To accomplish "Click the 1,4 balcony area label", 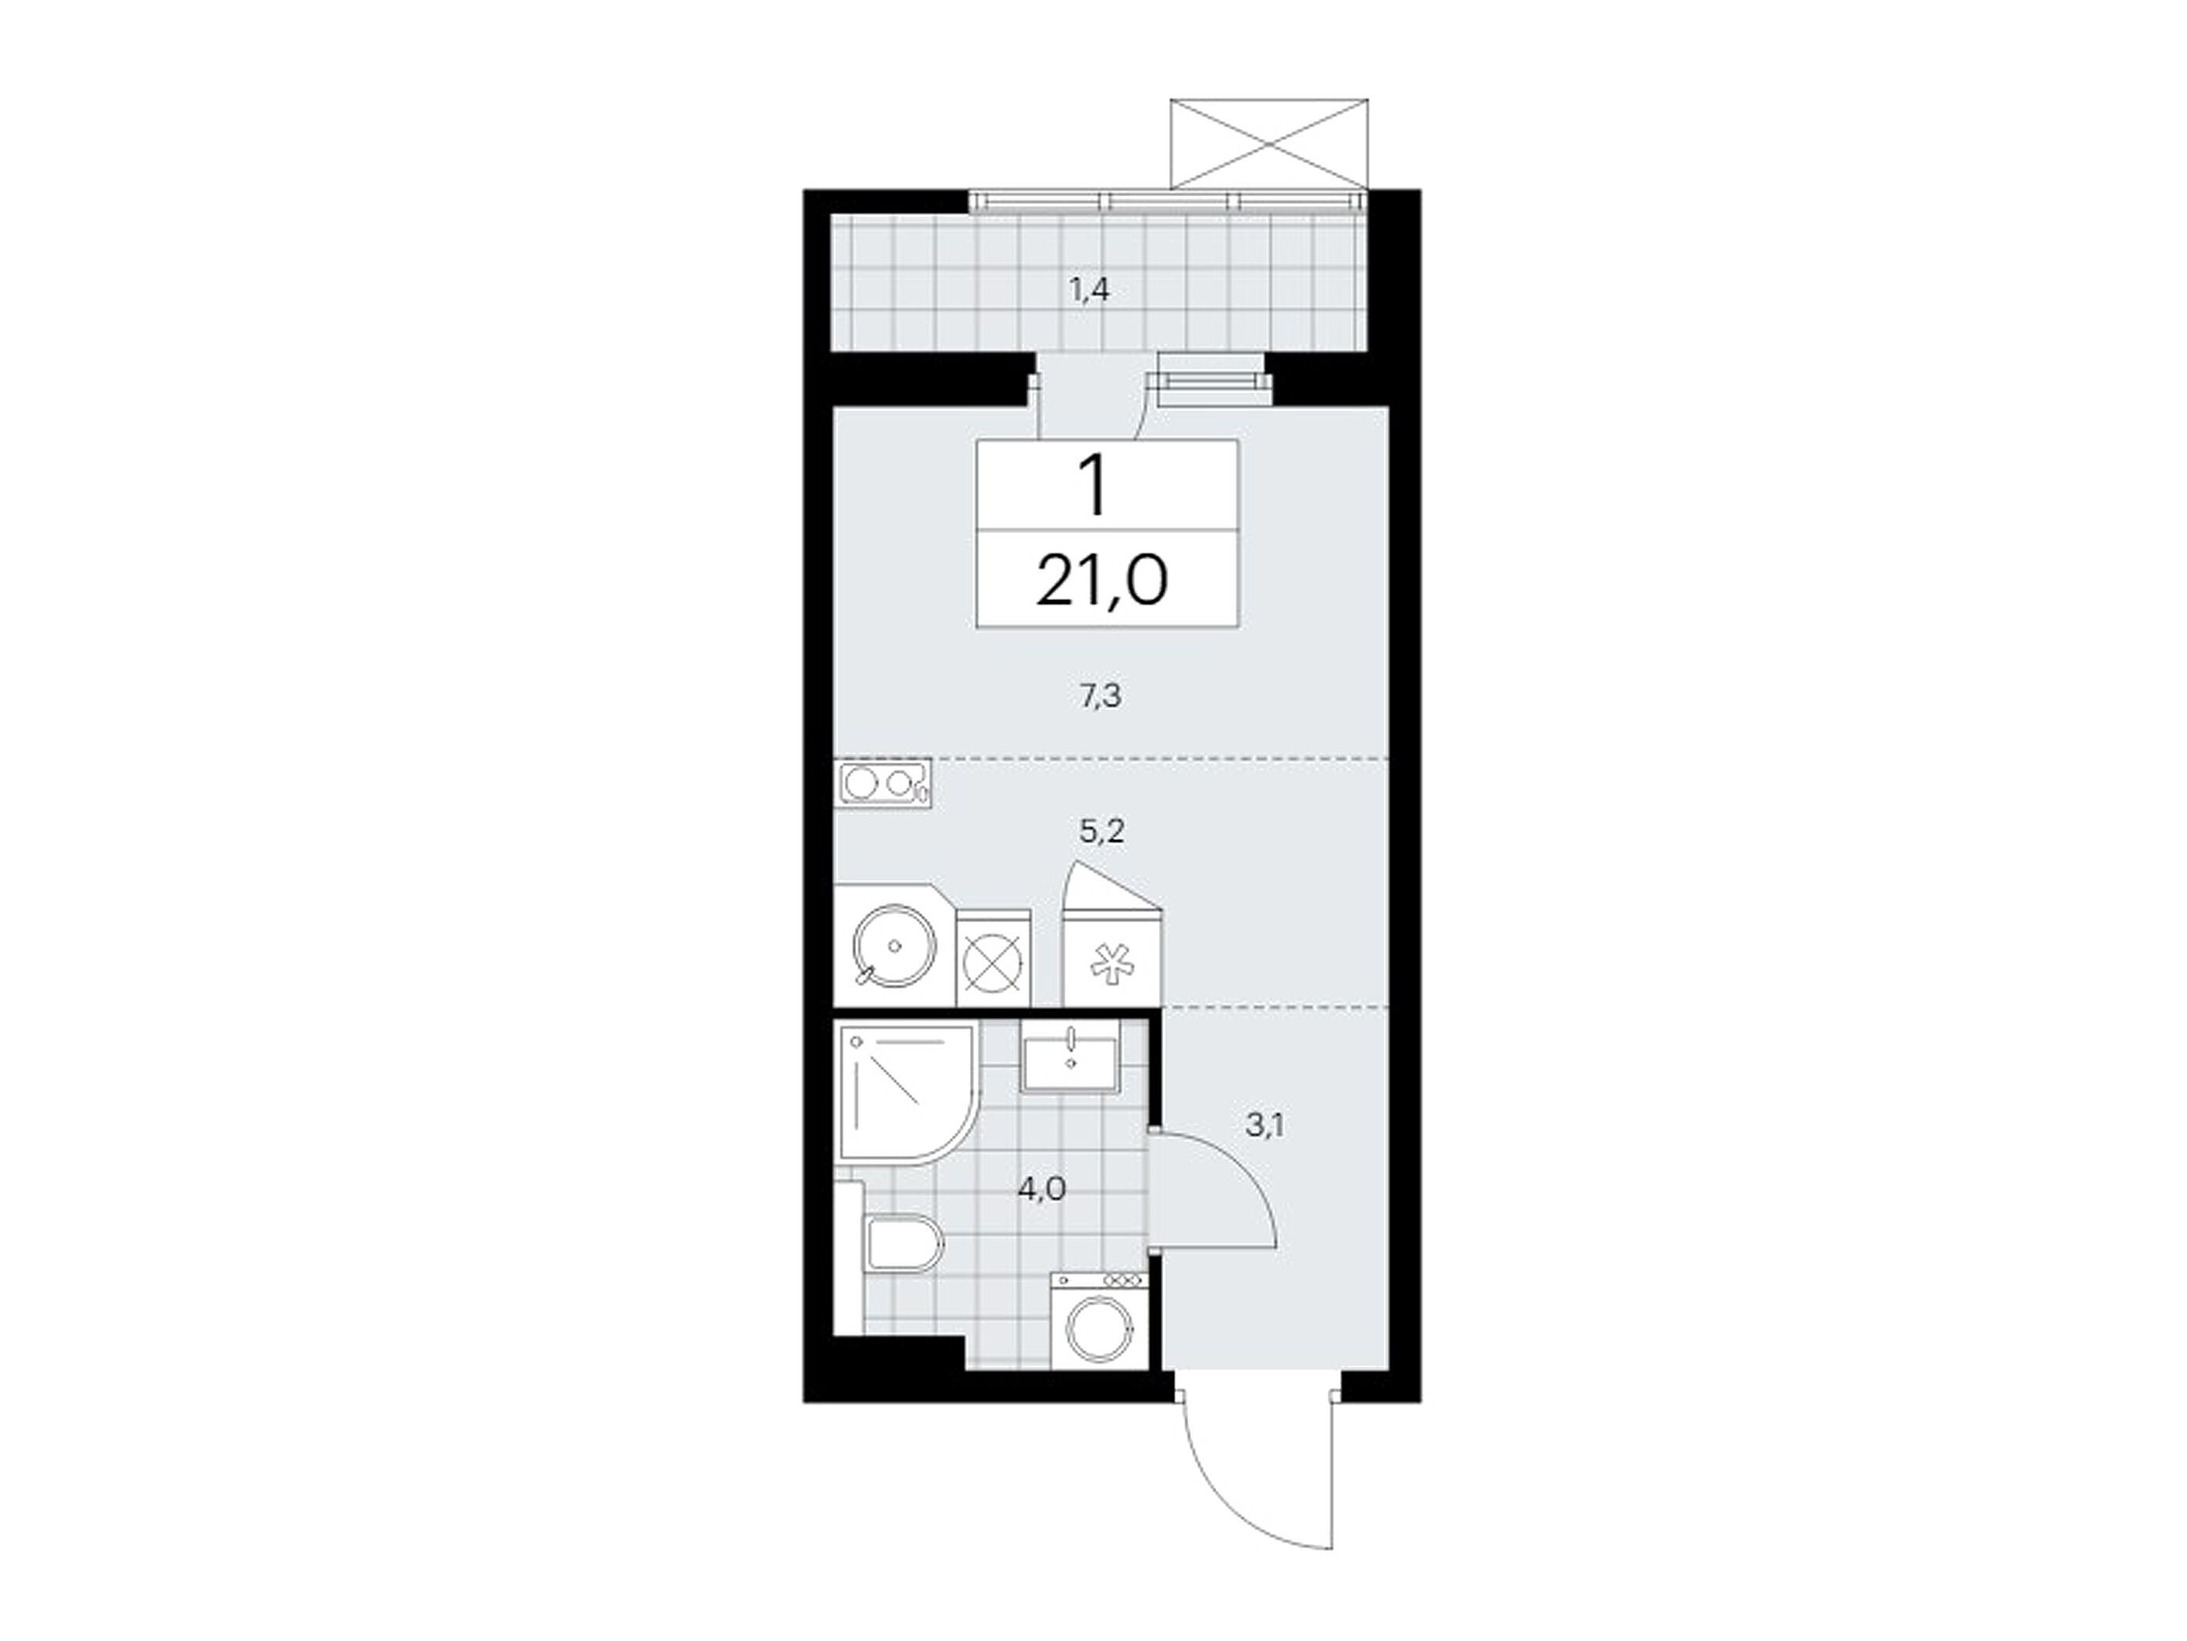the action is tap(1090, 291).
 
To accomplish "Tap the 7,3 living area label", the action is tap(1100, 696).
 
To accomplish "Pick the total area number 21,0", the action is tap(1102, 581).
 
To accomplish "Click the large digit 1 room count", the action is tap(1093, 487).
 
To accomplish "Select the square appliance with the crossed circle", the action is tap(994, 957).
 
